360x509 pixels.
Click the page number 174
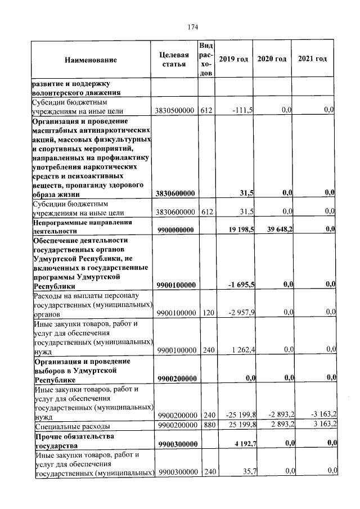193,26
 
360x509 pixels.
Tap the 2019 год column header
233,59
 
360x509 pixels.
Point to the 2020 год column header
272,59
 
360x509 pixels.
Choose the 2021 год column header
312,59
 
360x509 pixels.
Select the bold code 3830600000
176,193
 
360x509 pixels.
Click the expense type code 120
206,312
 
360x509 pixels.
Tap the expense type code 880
206,424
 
